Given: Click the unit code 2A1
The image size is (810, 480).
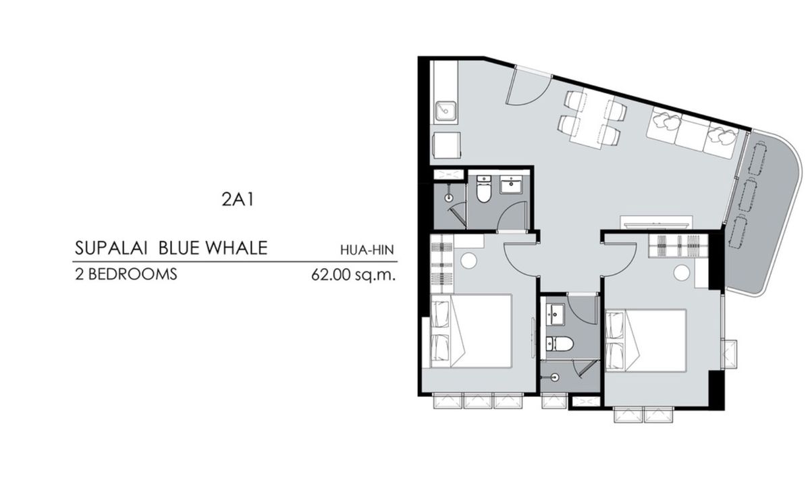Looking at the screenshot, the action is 238,199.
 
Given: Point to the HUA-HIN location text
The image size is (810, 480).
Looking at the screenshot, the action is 367,250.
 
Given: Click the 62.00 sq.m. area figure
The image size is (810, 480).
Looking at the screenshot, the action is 353,275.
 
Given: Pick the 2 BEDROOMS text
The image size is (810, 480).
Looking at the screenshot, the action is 126,274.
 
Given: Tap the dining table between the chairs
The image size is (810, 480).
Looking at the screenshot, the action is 589,119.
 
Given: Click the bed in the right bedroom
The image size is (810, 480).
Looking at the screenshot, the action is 645,340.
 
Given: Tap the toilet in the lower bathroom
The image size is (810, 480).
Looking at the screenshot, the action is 559,343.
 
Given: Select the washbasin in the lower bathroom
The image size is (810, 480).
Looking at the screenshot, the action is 555,315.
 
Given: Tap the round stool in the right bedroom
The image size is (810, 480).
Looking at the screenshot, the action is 682,272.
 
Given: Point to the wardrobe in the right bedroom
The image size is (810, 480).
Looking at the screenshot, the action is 678,246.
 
